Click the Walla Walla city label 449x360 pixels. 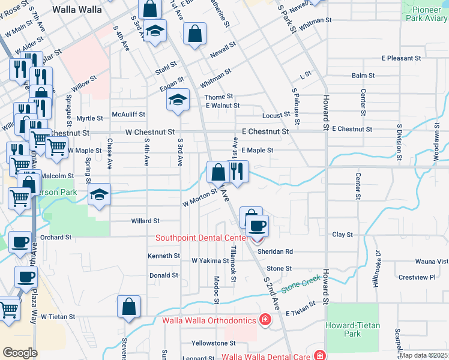click(x=76, y=9)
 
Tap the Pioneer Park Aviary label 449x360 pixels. click(x=426, y=13)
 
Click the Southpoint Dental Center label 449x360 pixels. click(x=202, y=237)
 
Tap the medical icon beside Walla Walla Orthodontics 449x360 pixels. click(x=264, y=319)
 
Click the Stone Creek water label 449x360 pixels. click(x=298, y=286)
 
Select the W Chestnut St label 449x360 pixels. click(x=150, y=131)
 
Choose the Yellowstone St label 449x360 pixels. click(x=214, y=343)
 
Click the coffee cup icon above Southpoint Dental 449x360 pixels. click(x=258, y=226)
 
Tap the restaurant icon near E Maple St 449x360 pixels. click(x=238, y=172)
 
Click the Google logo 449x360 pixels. click(x=20, y=353)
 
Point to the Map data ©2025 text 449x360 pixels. click(x=424, y=355)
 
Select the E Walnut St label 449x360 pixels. click(x=222, y=106)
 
